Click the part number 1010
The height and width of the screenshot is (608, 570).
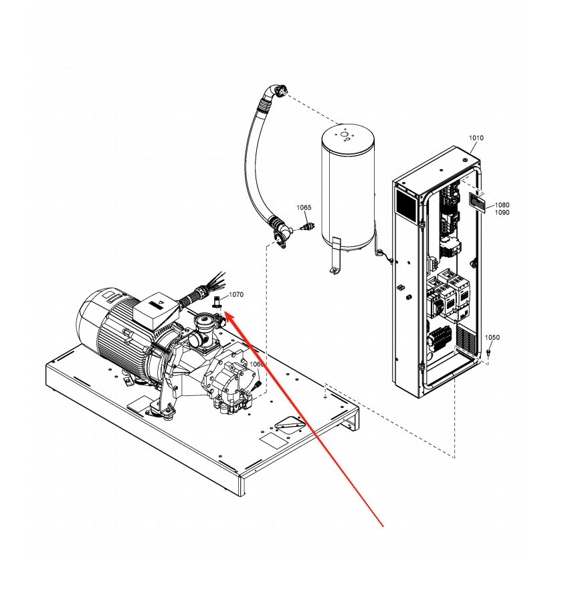(x=476, y=138)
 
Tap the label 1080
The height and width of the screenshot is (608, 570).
(x=502, y=205)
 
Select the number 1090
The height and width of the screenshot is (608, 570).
(x=502, y=213)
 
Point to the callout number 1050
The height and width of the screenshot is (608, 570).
(x=492, y=337)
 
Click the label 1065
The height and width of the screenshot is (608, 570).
(x=304, y=208)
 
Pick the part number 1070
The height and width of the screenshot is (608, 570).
(x=236, y=294)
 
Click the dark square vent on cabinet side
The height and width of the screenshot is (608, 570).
(x=405, y=201)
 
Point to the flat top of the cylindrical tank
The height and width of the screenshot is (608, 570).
(x=347, y=136)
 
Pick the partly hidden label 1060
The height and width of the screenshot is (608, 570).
(x=256, y=365)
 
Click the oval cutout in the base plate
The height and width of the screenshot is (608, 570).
(x=288, y=425)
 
